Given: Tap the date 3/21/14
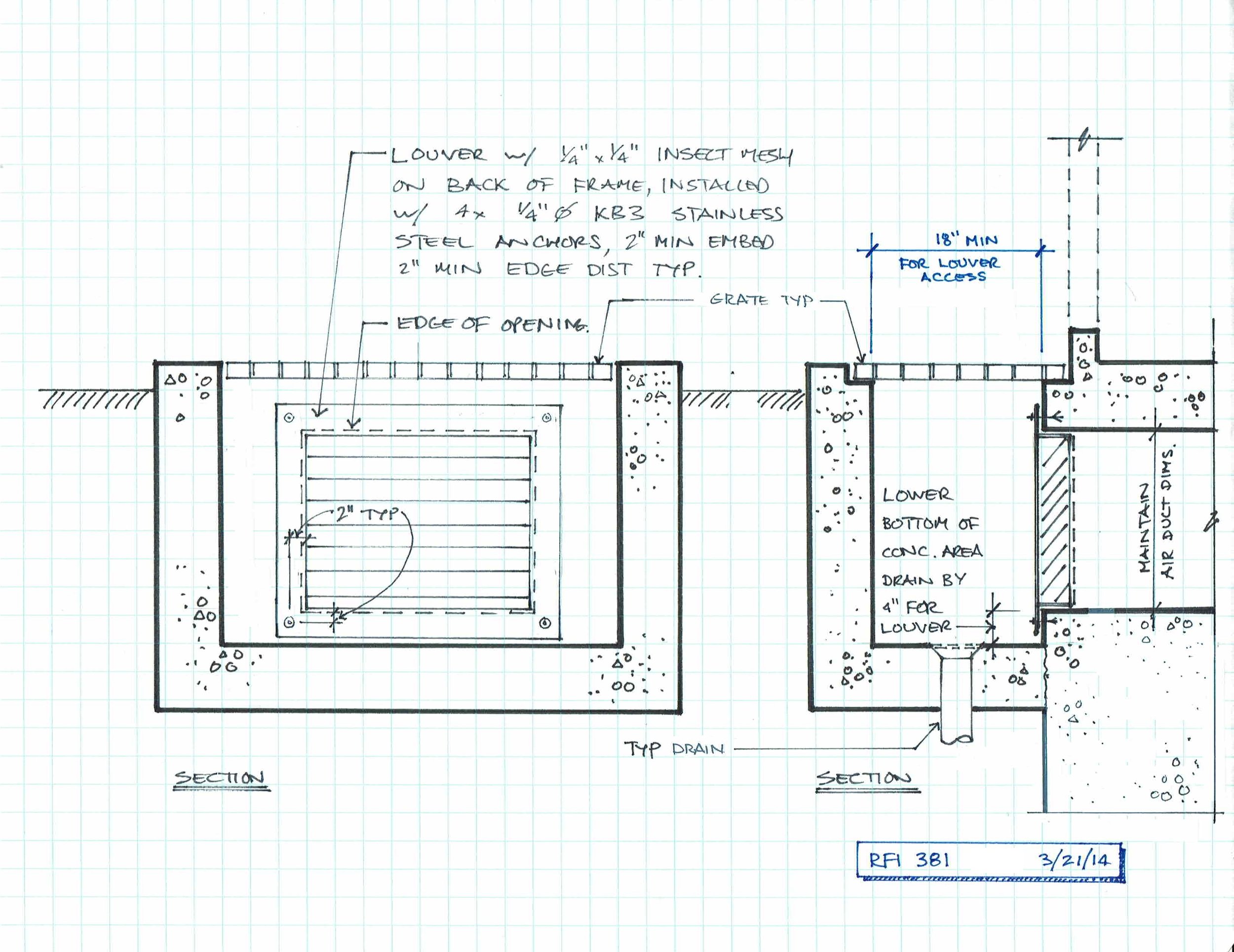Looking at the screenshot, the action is click(1073, 860).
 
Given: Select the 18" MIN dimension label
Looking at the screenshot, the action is click(966, 241).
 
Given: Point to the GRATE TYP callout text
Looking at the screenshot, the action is click(761, 300).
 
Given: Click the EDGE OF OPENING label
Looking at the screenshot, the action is click(492, 324).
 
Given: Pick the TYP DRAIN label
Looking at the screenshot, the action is click(673, 749).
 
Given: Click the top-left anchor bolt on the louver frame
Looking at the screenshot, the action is click(289, 418).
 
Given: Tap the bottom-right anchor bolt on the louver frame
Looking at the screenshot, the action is click(545, 623).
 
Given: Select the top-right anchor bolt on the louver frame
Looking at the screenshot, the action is click(546, 418).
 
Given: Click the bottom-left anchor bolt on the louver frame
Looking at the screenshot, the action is click(289, 623).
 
